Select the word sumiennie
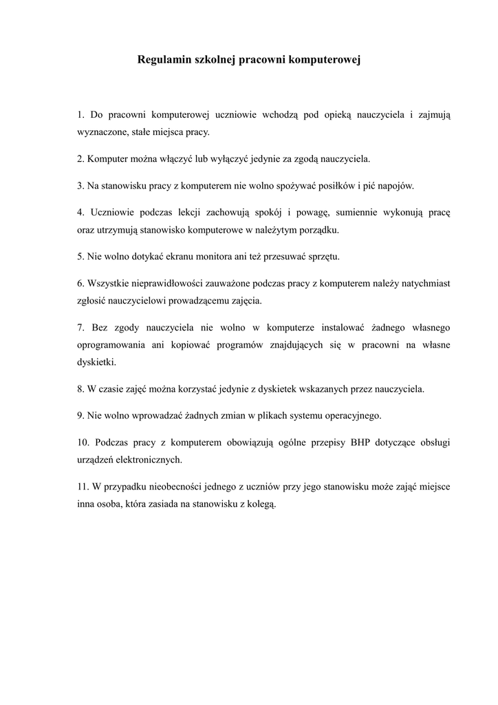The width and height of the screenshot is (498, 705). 363,212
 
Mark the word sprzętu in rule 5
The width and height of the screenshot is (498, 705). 321,257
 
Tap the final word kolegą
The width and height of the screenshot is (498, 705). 260,504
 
